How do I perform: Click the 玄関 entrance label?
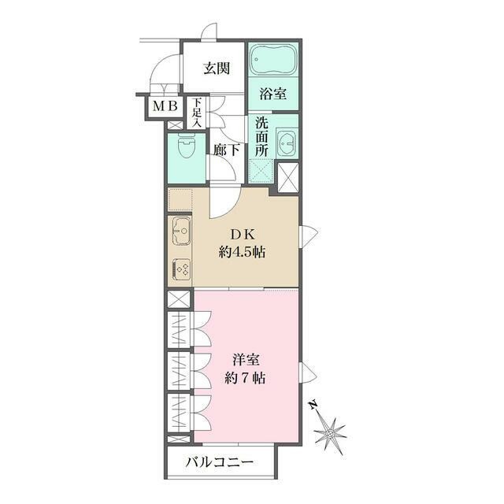[x=217, y=69]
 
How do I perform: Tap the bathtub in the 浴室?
[x=273, y=60]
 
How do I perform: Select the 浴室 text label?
[x=273, y=94]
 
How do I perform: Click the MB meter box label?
[x=165, y=106]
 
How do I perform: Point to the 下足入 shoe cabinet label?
[x=197, y=113]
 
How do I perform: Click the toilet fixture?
[x=187, y=146]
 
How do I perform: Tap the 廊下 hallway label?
[x=227, y=150]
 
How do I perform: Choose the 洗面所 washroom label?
[x=261, y=137]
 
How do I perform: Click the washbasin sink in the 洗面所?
[x=286, y=143]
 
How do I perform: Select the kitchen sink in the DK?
[x=181, y=231]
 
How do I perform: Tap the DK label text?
[x=243, y=235]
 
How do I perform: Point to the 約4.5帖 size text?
[x=242, y=252]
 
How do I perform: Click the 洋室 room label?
[x=246, y=360]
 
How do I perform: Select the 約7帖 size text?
[x=245, y=378]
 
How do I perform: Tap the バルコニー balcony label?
[x=220, y=462]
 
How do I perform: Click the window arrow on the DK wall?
[x=309, y=236]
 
